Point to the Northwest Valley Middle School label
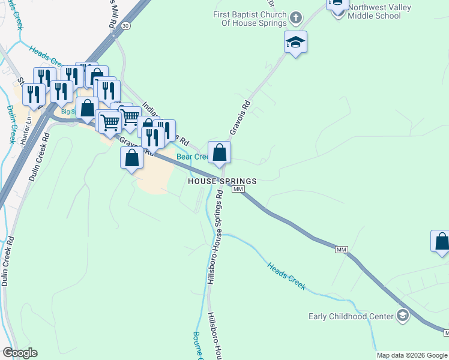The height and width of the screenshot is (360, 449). click(x=375, y=12)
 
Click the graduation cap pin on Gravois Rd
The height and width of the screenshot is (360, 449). click(x=295, y=43)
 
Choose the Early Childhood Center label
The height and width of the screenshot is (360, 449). click(x=351, y=316)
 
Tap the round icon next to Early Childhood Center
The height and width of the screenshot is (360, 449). click(x=402, y=316)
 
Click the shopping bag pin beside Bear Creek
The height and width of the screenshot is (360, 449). click(x=220, y=152)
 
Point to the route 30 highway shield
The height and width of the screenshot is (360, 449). click(x=125, y=26)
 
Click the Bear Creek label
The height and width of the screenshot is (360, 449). click(x=191, y=157)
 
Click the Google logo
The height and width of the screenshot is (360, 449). click(x=20, y=353)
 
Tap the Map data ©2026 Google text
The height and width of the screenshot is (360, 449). click(x=412, y=355)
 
